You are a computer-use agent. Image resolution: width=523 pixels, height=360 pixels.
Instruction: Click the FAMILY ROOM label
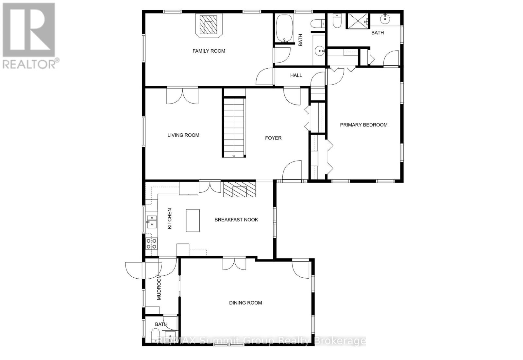click(x=209, y=51)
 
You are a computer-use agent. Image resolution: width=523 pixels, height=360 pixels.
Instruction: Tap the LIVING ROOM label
click(x=183, y=135)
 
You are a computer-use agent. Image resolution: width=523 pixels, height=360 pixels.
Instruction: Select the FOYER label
click(x=273, y=138)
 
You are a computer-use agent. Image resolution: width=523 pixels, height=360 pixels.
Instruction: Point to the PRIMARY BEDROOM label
click(x=363, y=125)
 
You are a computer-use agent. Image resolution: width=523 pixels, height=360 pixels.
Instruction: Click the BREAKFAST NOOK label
click(x=236, y=220)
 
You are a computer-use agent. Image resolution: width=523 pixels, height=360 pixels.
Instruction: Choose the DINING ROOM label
click(x=245, y=303)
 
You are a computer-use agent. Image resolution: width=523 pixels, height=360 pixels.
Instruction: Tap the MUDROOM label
click(x=159, y=287)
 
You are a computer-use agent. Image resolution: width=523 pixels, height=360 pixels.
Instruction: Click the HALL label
click(x=296, y=75)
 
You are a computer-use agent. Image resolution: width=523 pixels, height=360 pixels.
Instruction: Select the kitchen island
click(x=193, y=221)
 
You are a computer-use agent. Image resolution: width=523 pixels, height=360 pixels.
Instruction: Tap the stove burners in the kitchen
click(x=151, y=244)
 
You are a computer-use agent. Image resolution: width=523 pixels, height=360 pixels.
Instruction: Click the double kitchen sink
click(x=151, y=221)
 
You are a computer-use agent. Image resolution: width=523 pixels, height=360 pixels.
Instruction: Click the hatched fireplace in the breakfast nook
click(x=240, y=189)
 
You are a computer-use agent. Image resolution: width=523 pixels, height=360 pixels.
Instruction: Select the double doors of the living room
click(x=182, y=96)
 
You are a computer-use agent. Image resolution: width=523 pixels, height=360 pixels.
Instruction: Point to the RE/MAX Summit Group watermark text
click(x=261, y=341)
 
